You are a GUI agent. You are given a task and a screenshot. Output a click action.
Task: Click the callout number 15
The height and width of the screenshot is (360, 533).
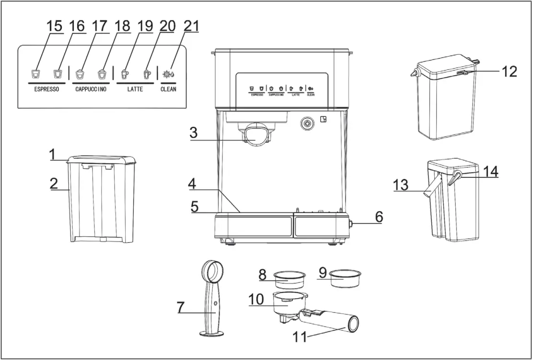pyautogui.click(x=54, y=27)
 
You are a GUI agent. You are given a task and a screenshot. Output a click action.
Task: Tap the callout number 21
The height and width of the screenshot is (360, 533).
pyautogui.click(x=191, y=27)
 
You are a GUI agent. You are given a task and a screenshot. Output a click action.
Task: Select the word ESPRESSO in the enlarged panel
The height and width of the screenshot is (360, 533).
pyautogui.click(x=46, y=90)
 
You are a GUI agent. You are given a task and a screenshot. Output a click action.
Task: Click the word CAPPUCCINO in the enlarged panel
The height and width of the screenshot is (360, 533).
pyautogui.click(x=91, y=90)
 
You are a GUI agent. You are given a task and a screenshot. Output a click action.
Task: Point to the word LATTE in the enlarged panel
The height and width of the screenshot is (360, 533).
pyautogui.click(x=135, y=90)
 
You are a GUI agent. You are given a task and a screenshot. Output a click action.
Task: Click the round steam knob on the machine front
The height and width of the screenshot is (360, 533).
pyautogui.click(x=306, y=124)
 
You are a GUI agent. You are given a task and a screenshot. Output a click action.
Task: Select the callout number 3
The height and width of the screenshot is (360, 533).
pyautogui.click(x=193, y=133)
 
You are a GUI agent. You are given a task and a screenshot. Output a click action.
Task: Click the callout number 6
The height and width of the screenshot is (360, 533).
pyautogui.click(x=379, y=217)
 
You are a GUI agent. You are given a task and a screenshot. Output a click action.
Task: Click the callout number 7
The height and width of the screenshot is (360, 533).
pyautogui.click(x=181, y=307)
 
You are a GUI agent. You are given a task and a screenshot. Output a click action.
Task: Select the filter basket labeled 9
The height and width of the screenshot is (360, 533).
pyautogui.click(x=345, y=278)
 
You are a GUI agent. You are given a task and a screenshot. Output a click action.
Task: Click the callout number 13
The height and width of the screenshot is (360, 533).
pyautogui.click(x=402, y=184)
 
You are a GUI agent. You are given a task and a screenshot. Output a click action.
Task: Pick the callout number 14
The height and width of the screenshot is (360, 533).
pyautogui.click(x=490, y=171)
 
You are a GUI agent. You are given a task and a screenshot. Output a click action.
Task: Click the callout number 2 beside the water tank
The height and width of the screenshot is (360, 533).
pyautogui.click(x=54, y=183)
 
